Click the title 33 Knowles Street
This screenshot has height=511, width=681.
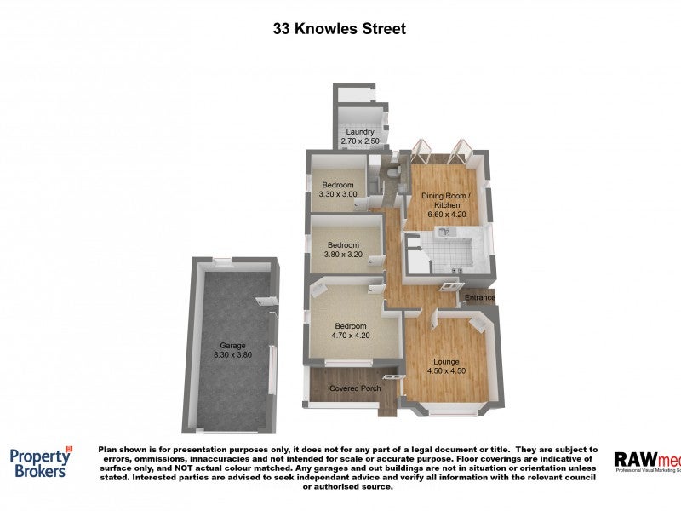340,28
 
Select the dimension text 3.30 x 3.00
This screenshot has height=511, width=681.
338,194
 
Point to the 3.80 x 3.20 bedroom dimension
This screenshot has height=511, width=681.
342,254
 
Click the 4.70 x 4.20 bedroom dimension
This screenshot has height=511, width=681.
349,336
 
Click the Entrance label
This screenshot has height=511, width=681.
479,298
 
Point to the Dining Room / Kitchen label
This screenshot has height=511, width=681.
447,200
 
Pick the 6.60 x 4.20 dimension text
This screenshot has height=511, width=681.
447,215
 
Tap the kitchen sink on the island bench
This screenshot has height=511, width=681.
455,231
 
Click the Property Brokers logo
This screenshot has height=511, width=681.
41,462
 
